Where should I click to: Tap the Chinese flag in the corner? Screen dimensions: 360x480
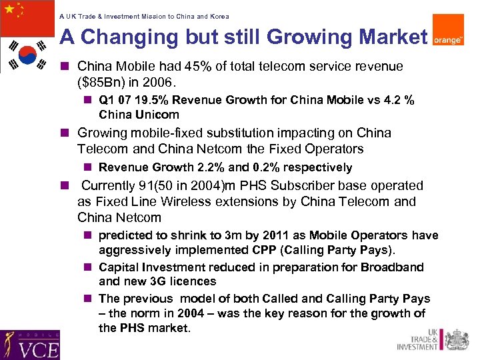point(27,18)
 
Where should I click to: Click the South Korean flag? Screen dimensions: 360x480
point(27,55)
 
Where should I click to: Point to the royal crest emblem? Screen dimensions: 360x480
point(457,340)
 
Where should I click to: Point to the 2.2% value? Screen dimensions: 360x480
point(208,167)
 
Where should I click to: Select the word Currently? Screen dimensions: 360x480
point(109,185)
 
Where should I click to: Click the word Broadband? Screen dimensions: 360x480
point(393,267)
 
